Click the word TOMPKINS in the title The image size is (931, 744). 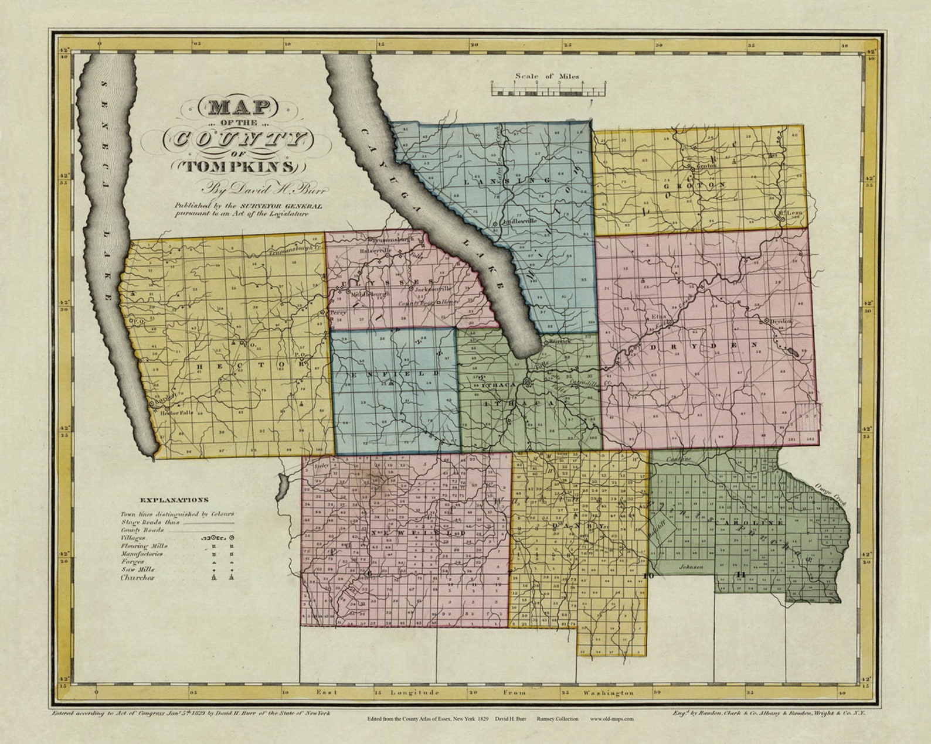coord(241,166)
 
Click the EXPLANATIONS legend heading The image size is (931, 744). coord(174,500)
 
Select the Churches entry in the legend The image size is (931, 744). coord(137,578)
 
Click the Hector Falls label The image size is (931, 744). coord(176,412)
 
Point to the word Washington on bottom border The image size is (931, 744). coord(609,692)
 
